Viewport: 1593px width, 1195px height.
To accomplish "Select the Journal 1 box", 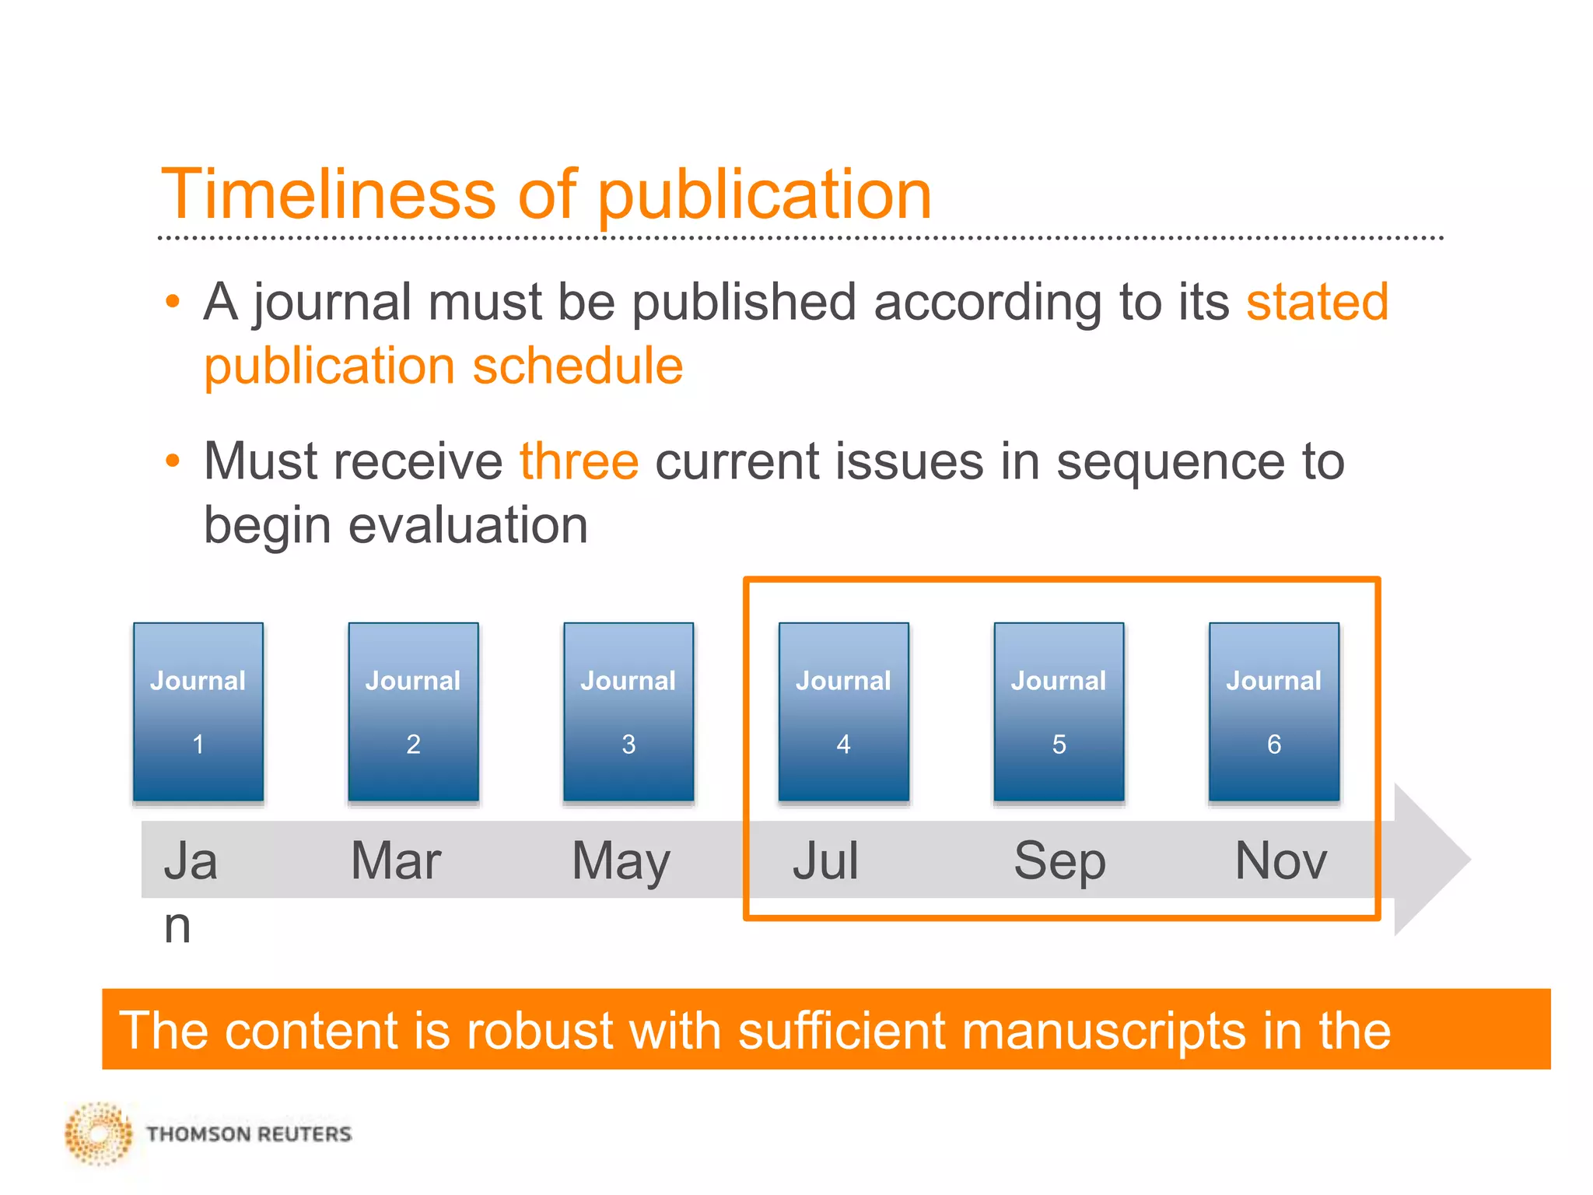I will tap(198, 711).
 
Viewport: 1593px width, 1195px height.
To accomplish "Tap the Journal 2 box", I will tap(413, 711).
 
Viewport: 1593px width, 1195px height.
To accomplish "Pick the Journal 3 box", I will tap(628, 711).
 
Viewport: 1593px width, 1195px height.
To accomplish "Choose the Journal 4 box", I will tap(844, 711).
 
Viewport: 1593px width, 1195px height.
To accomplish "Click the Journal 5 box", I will tap(1059, 711).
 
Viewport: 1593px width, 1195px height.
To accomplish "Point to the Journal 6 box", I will tap(1274, 711).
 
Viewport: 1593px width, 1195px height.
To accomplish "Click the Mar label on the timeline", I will tap(396, 860).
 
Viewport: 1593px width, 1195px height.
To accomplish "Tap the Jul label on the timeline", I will tap(825, 860).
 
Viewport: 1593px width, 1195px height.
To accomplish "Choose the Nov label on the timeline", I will tap(1281, 860).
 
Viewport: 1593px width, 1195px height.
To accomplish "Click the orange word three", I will tap(579, 461).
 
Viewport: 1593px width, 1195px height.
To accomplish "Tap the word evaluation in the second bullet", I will tap(467, 525).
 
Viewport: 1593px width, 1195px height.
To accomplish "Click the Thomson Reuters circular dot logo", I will tap(99, 1134).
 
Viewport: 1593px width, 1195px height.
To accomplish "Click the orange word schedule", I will tap(578, 366).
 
